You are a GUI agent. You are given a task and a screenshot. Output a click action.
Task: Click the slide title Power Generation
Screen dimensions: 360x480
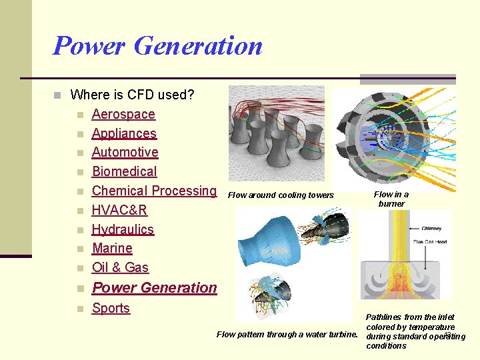(x=157, y=46)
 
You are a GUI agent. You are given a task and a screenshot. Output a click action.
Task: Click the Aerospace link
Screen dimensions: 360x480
(x=123, y=114)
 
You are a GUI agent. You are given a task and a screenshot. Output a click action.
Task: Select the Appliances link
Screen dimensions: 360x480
(x=124, y=133)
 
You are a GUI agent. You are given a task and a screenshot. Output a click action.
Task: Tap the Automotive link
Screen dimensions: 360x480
(x=125, y=152)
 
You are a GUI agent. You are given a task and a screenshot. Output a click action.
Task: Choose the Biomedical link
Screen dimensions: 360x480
(x=124, y=171)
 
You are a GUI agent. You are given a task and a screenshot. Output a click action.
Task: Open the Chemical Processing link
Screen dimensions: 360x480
(x=154, y=191)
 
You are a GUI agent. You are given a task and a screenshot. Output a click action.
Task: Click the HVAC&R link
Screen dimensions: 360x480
(x=119, y=210)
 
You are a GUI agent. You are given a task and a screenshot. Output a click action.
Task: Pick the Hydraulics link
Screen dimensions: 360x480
(x=123, y=229)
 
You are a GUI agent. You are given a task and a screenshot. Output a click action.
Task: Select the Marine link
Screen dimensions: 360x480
(x=112, y=248)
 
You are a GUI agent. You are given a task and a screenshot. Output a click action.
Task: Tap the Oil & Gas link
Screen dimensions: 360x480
(x=120, y=267)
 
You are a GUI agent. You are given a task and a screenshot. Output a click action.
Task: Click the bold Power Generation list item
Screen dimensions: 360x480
(x=154, y=288)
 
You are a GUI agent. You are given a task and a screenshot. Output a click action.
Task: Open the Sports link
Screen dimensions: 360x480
(x=111, y=308)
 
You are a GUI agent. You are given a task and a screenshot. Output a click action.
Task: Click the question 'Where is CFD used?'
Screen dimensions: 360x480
(x=132, y=95)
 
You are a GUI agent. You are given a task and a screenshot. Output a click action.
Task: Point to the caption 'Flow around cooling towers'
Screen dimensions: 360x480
(x=281, y=195)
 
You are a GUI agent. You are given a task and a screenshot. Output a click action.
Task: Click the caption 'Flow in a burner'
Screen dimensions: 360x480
(x=391, y=199)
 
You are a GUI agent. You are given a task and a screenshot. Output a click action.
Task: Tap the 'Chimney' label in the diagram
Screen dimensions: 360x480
(x=431, y=229)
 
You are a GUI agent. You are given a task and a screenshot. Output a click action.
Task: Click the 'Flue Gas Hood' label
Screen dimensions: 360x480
(x=431, y=241)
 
